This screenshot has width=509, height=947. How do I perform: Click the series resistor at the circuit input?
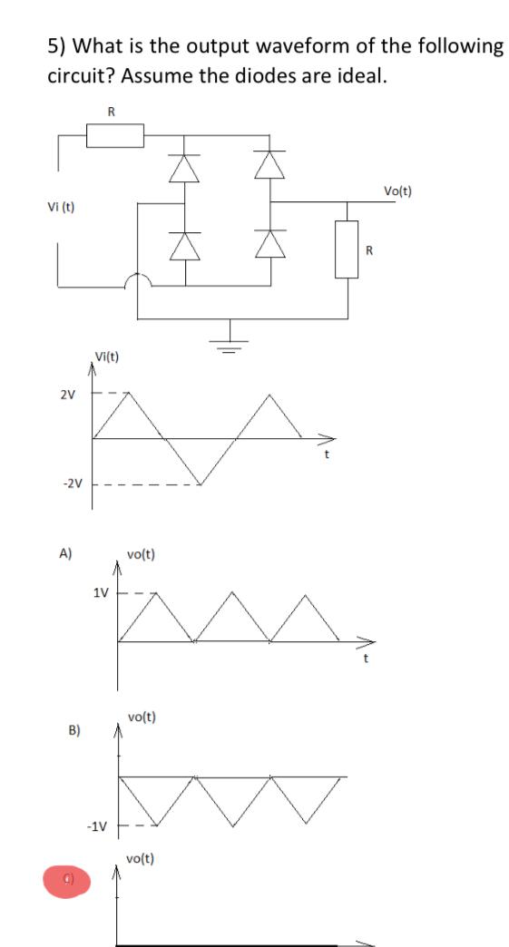pos(114,135)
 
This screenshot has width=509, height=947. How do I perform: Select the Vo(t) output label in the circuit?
pos(397,190)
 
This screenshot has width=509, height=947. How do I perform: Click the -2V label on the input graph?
pos(72,483)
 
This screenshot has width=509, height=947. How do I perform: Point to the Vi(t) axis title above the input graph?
pos(109,356)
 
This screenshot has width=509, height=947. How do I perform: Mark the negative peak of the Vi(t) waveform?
pos(201,483)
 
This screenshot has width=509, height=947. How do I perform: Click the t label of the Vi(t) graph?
pos(328,456)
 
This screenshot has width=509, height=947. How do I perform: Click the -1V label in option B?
pos(96,826)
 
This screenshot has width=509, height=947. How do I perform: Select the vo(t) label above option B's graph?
pos(142,717)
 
